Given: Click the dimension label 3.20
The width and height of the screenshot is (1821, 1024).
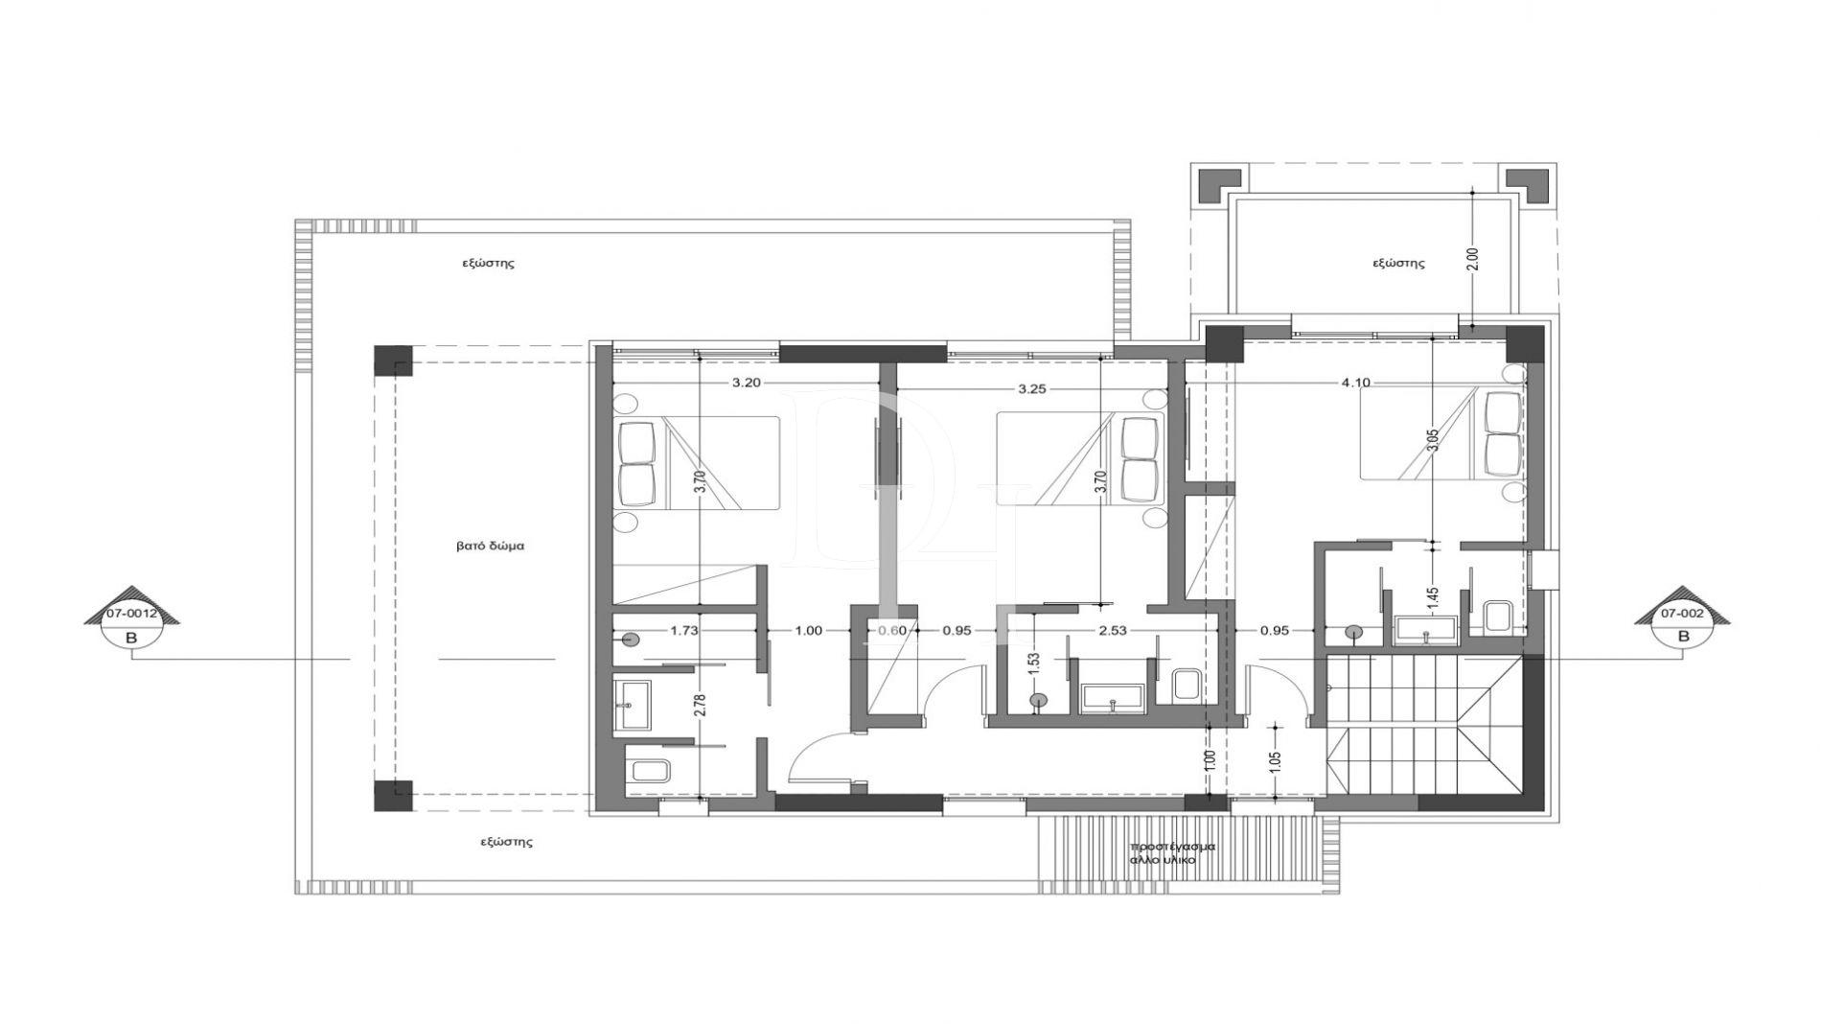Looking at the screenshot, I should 748,383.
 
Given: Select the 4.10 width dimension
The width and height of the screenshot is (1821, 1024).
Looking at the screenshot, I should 1355,383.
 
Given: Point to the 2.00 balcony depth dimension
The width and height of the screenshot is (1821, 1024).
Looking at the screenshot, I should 1473,259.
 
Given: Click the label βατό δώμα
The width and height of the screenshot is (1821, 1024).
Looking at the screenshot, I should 490,547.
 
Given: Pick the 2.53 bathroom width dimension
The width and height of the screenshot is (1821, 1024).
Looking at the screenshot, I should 1114,630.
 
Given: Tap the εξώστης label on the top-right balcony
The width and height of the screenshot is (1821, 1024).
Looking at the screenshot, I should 1398,263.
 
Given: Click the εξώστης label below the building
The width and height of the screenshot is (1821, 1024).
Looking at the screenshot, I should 506,843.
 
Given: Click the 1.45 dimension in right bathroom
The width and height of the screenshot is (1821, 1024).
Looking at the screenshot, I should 1433,599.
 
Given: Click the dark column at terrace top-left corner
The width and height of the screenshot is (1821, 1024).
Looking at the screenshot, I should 392,362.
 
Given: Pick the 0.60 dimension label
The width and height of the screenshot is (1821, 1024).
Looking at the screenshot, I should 891,630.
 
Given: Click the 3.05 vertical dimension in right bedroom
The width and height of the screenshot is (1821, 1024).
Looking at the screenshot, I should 1432,440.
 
